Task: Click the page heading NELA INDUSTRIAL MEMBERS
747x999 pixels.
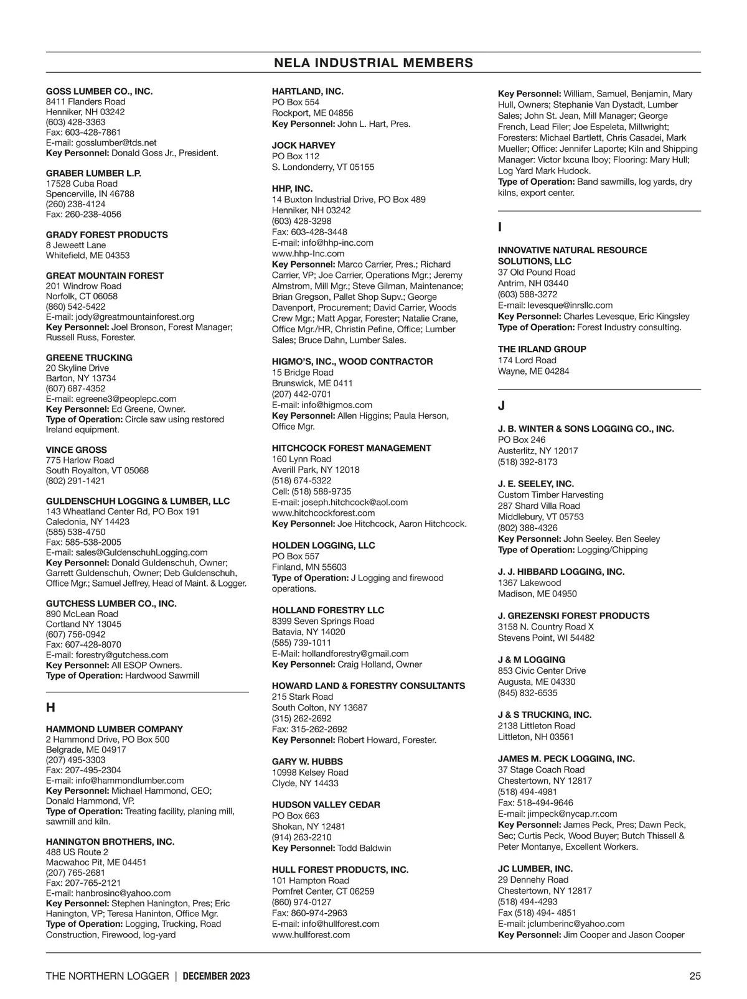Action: coord(374,63)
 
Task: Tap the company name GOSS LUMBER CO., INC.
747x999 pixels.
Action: coord(99,91)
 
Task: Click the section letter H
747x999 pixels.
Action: coord(50,707)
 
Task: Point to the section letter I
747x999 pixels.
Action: coord(500,228)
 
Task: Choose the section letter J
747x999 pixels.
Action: coord(501,406)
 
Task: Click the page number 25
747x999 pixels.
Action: coord(695,976)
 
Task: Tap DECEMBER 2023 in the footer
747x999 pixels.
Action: coord(217,976)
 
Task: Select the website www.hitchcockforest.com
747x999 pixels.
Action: coord(323,513)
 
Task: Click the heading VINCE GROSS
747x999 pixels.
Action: coord(76,450)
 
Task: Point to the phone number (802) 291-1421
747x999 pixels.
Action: coord(75,481)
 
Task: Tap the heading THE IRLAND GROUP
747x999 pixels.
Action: coord(542,349)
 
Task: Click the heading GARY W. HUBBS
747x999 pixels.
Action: coord(307,761)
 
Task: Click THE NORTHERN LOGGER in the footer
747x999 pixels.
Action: coord(107,976)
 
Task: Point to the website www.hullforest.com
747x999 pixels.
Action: coord(311,934)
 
